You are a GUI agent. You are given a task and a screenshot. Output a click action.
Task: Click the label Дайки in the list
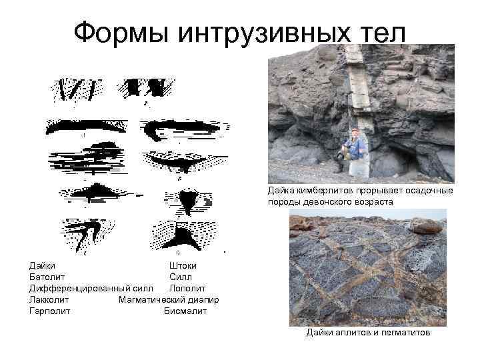coord(43,265)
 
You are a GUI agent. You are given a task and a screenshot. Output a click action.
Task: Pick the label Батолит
coord(47,277)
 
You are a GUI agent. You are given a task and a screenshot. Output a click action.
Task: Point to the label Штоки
coord(183,265)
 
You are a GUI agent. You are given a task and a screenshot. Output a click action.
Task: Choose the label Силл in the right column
coord(181,277)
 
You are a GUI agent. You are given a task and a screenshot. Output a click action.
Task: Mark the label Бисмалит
coord(186,311)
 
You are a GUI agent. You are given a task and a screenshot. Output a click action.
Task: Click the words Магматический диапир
coord(169,299)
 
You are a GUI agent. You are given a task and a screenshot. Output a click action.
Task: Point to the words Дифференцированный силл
coord(91,288)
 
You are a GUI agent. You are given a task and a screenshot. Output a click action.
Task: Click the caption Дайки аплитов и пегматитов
coord(368,332)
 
